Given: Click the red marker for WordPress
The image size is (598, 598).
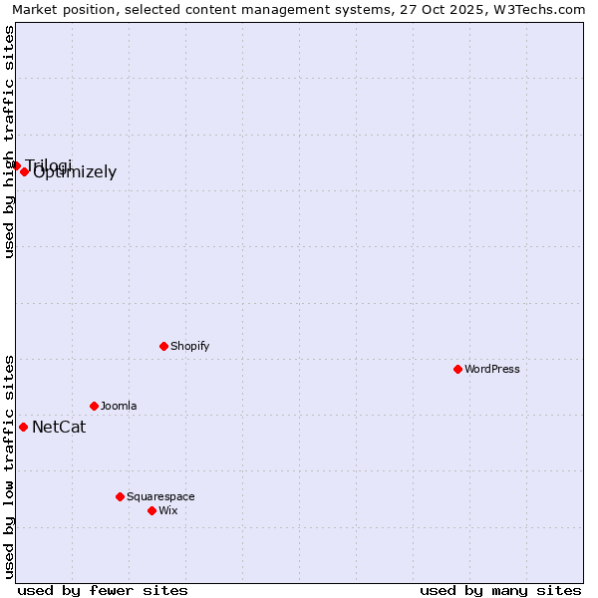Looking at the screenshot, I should click(x=457, y=369).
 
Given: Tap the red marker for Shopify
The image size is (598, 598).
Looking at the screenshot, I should click(x=163, y=346).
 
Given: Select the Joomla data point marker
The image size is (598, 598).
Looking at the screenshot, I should click(x=94, y=406).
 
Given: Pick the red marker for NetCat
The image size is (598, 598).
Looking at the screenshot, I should click(x=23, y=427).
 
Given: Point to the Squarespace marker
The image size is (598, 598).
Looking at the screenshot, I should click(x=120, y=496).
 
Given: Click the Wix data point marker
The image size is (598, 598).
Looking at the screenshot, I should click(x=151, y=510).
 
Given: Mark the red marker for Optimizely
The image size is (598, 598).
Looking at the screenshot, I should click(x=24, y=171).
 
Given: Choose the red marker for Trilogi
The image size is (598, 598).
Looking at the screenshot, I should click(x=16, y=165).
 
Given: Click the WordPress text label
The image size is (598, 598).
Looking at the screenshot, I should click(x=492, y=369).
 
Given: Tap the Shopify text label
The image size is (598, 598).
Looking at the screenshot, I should click(x=190, y=346).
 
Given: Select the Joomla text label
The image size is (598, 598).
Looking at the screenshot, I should click(x=119, y=406).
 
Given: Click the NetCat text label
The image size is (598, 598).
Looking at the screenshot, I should click(x=59, y=428).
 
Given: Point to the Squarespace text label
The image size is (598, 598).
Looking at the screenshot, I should click(x=160, y=496).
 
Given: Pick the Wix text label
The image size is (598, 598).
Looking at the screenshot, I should click(x=168, y=510).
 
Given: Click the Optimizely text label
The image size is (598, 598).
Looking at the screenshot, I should click(x=76, y=172).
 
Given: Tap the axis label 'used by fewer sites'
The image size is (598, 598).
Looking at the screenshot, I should click(x=103, y=590).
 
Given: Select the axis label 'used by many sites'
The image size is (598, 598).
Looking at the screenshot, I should click(x=500, y=590).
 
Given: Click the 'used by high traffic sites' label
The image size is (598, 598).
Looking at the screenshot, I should click(x=9, y=142).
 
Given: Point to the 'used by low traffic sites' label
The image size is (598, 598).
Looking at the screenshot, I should click(x=9, y=466).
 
